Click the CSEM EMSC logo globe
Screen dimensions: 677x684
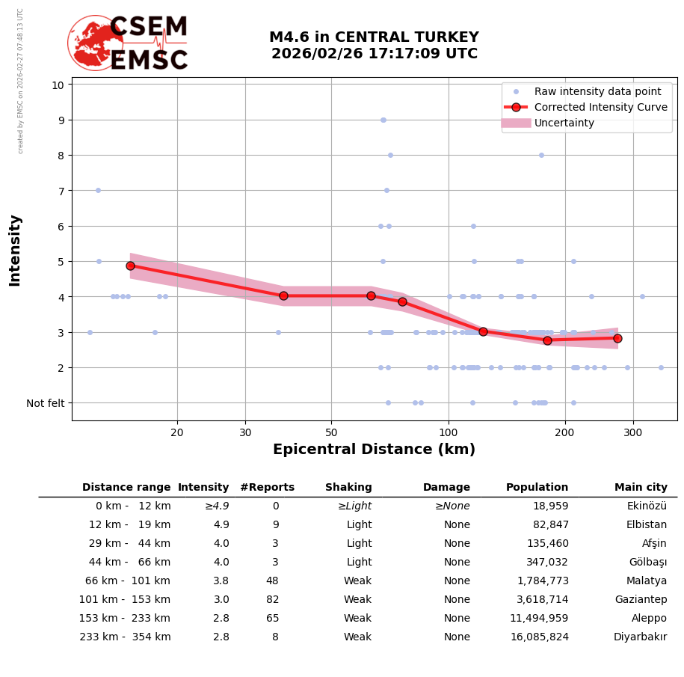click(x=95, y=43)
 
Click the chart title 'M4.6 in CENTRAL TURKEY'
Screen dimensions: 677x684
click(x=374, y=37)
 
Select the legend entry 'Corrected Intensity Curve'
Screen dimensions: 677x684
click(x=600, y=107)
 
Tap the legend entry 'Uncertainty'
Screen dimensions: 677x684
click(x=564, y=123)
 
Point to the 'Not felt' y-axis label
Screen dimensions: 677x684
click(x=46, y=403)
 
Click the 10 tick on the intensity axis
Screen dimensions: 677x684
click(x=58, y=85)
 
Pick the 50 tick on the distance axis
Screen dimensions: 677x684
click(x=331, y=432)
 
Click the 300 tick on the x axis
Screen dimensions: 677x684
click(x=633, y=432)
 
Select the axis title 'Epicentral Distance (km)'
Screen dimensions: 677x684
click(x=374, y=450)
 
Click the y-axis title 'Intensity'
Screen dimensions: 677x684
click(x=15, y=250)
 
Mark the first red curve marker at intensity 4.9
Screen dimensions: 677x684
click(x=130, y=266)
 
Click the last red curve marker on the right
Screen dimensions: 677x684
click(x=617, y=338)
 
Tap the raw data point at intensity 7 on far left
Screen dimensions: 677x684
click(x=98, y=190)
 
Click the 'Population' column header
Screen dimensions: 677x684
click(x=537, y=488)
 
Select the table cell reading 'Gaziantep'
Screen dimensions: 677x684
click(x=641, y=600)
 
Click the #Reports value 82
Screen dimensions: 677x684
click(x=272, y=600)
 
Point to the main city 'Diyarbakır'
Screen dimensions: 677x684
click(x=640, y=637)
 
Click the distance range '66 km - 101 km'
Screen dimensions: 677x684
click(x=125, y=581)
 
